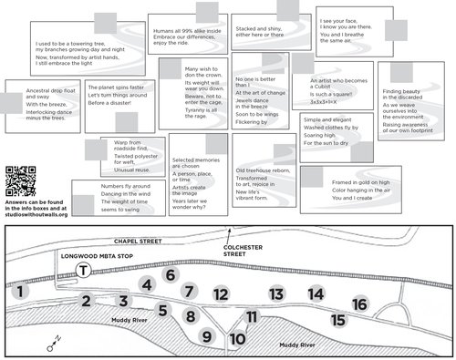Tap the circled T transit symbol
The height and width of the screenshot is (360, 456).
click(x=83, y=271)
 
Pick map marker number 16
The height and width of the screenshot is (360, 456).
click(x=359, y=303)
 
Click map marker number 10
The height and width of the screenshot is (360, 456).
click(x=237, y=339)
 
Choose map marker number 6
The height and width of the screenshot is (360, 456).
click(x=170, y=274)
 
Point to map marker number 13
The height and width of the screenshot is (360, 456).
click(x=276, y=293)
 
